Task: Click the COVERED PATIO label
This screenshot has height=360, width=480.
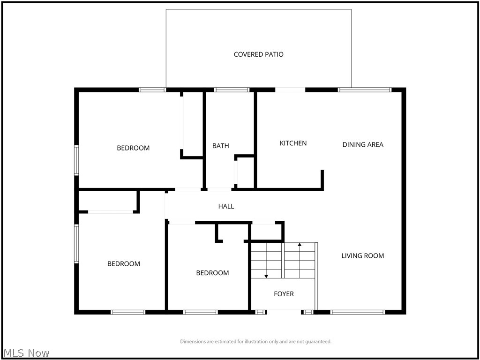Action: point(258,54)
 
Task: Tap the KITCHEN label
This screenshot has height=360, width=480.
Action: point(293,143)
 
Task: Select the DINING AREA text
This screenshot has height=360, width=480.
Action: point(363,144)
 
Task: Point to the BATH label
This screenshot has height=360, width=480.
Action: point(221,146)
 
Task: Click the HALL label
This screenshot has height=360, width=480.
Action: point(226,206)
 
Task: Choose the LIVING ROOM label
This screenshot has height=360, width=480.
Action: point(362,255)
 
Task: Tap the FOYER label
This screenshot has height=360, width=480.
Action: point(284,294)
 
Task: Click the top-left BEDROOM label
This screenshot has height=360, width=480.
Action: point(133,148)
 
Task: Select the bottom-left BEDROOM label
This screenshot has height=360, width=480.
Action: point(124,264)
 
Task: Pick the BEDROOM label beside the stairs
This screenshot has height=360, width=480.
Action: point(212,273)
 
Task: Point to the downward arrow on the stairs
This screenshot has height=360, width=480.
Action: point(266,276)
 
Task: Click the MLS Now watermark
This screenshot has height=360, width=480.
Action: point(26,352)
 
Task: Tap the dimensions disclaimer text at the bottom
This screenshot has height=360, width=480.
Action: point(256,342)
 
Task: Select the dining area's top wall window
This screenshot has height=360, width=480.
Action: point(364,89)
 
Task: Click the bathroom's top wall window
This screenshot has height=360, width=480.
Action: point(232,89)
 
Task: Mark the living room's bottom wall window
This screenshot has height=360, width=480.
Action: point(358,312)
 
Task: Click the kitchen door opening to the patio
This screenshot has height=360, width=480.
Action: point(290,89)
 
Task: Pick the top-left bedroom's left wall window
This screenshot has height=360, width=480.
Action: point(76,160)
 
